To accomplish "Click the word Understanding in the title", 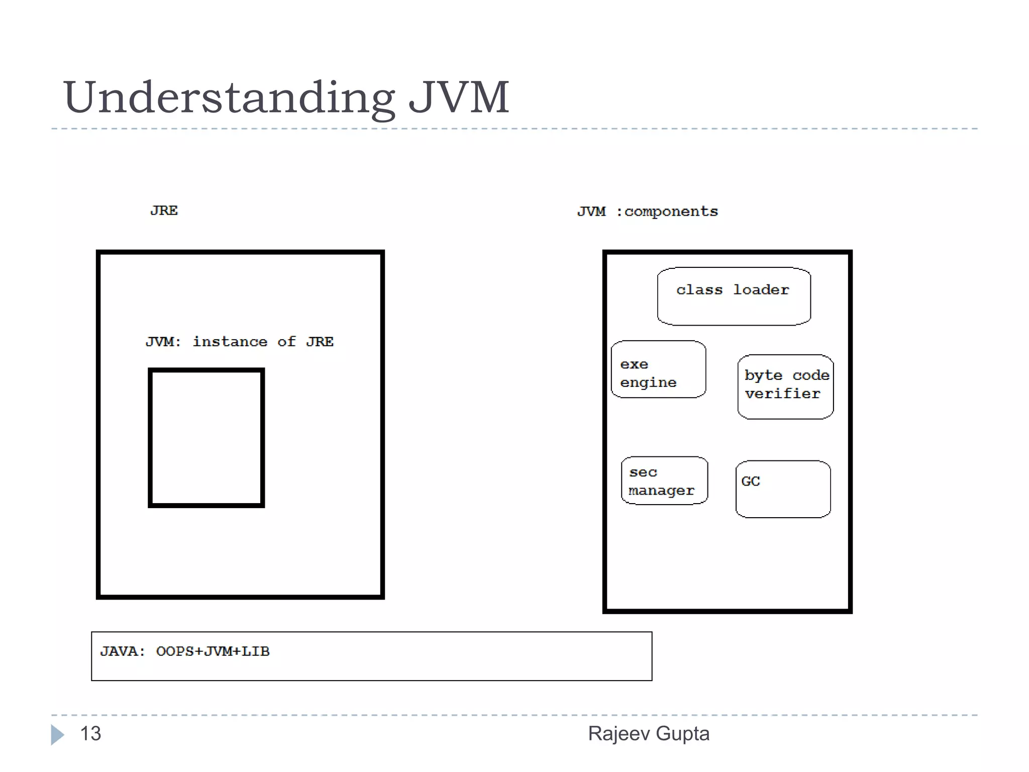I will click(229, 98).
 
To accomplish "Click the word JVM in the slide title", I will click(458, 97).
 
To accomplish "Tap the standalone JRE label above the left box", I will click(164, 211).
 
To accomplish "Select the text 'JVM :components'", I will click(647, 212).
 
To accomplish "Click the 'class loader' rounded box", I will click(734, 297).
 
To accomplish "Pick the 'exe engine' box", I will click(658, 370).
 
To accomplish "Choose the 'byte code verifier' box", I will click(785, 387).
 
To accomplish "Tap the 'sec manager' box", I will click(664, 480).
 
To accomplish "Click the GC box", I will click(783, 489).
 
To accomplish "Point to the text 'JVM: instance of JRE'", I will click(240, 342).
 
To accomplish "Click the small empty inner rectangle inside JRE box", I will click(206, 438).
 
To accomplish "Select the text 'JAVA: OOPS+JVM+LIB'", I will click(185, 651).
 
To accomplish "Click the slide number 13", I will click(90, 734).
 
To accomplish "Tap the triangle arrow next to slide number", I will click(57, 735).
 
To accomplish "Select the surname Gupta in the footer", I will click(682, 734).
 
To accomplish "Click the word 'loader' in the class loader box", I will click(761, 290).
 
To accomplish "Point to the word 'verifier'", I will click(782, 394).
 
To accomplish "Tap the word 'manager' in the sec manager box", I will click(661, 491).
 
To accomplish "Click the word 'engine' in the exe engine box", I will click(648, 383).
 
